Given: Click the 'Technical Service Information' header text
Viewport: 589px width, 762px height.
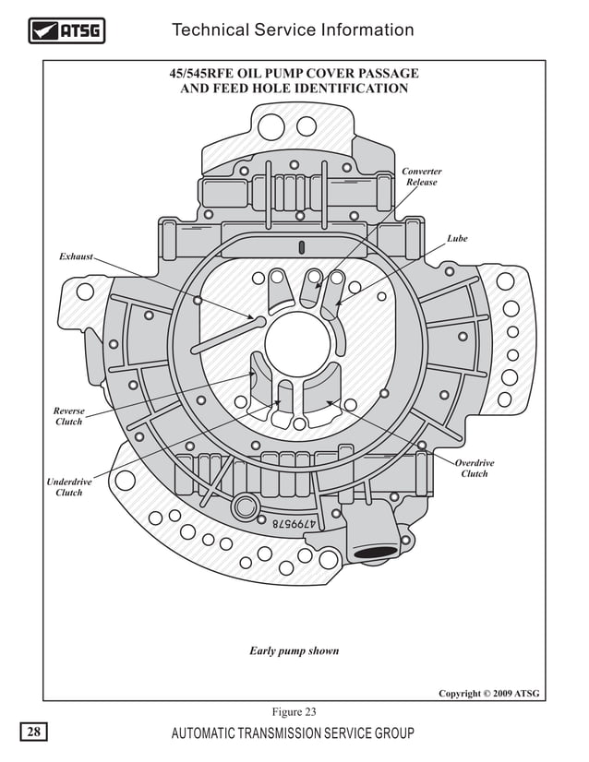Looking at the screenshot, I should click(293, 30).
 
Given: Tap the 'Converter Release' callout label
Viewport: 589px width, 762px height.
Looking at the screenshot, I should click(422, 177).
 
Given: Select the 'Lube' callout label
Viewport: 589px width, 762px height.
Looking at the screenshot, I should click(457, 239).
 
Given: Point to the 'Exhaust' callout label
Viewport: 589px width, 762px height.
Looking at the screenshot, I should click(76, 256).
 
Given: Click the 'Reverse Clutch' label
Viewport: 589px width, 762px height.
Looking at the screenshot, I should click(68, 416).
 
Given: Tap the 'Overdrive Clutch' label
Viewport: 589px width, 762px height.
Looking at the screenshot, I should click(475, 469).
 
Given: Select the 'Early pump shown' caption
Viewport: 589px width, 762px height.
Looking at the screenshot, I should click(294, 651).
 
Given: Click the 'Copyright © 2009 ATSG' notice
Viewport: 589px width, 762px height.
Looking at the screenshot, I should click(488, 693).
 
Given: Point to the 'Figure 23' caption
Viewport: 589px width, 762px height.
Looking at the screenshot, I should click(294, 711).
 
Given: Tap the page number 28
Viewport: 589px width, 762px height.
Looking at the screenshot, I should click(33, 733).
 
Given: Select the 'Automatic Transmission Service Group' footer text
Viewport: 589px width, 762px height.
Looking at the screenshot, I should click(293, 734).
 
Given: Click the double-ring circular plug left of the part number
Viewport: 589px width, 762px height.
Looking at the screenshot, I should click(246, 506).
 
